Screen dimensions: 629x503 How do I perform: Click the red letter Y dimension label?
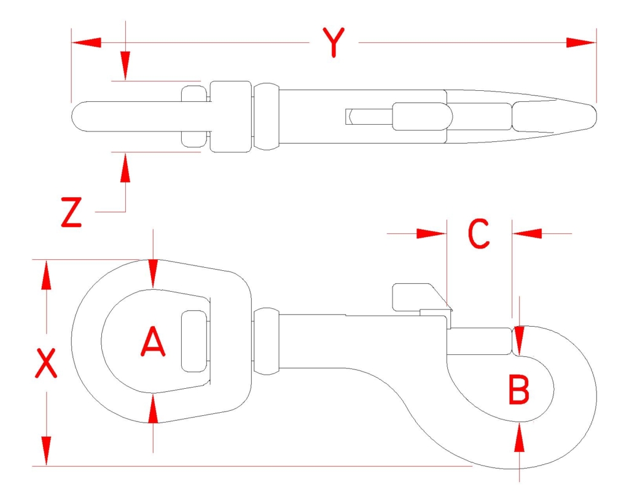(x=334, y=42)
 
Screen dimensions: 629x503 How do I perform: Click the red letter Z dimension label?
(x=71, y=212)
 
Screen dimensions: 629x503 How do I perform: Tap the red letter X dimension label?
(x=46, y=363)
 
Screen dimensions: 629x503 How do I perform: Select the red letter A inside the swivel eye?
(x=153, y=341)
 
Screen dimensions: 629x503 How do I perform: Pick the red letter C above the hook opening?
(x=479, y=233)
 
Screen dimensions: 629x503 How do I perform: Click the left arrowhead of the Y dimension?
(x=86, y=42)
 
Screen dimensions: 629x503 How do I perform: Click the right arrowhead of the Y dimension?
(x=581, y=42)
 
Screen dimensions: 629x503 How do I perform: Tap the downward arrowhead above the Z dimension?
(x=125, y=66)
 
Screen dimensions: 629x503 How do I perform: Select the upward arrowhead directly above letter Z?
(x=125, y=168)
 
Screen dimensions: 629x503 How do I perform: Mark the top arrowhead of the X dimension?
(x=47, y=275)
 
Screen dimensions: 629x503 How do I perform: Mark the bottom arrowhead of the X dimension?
(x=47, y=451)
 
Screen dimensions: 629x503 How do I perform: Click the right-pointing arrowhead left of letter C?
(x=432, y=233)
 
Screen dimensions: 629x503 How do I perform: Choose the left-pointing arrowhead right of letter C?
(x=527, y=233)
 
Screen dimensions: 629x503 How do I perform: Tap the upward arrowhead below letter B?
(x=520, y=437)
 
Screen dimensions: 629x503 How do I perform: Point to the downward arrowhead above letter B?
(x=520, y=341)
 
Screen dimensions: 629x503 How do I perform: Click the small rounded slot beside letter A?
(x=194, y=341)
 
